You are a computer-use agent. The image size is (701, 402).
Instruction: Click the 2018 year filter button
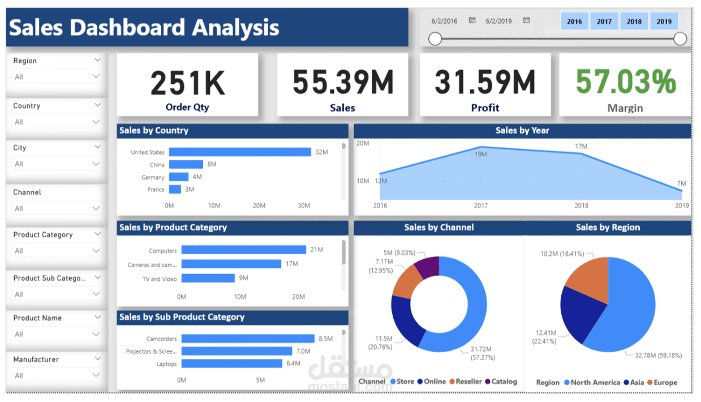pyautogui.click(x=634, y=22)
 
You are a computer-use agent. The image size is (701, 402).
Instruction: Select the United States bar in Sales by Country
pyautogui.click(x=240, y=152)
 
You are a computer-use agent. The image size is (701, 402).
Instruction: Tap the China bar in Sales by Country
pyautogui.click(x=186, y=164)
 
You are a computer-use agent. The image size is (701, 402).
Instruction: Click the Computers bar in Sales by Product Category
pyautogui.click(x=243, y=250)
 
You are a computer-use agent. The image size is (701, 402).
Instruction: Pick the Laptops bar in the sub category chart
pyautogui.click(x=232, y=363)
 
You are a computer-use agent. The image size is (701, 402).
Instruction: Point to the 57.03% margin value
pyautogui.click(x=626, y=82)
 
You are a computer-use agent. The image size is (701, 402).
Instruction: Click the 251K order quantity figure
pyautogui.click(x=187, y=83)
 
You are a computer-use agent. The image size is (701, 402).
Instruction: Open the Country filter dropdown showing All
pyautogui.click(x=56, y=122)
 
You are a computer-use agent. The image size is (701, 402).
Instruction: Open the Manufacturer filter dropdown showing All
pyautogui.click(x=56, y=375)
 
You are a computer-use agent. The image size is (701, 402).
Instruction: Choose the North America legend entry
pyautogui.click(x=595, y=382)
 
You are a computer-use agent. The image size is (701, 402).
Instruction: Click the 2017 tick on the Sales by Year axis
pyautogui.click(x=481, y=206)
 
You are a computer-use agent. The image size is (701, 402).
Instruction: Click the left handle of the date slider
pyautogui.click(x=435, y=39)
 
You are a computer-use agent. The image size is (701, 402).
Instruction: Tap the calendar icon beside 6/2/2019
pyautogui.click(x=527, y=20)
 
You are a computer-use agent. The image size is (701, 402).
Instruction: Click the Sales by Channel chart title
pyautogui.click(x=439, y=228)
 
